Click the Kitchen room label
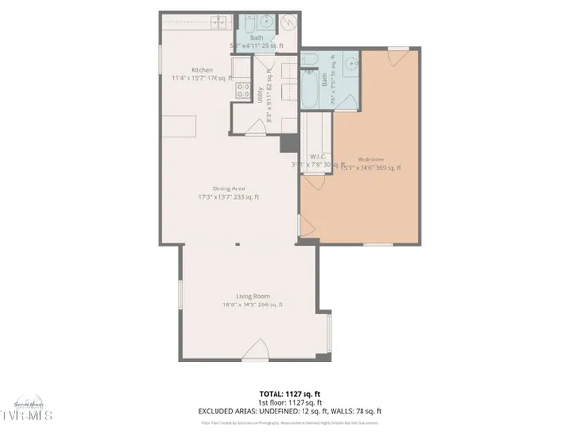[202, 70]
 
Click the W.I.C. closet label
[316, 157]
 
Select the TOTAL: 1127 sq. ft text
[289, 394]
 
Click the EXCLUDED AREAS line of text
[289, 411]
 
